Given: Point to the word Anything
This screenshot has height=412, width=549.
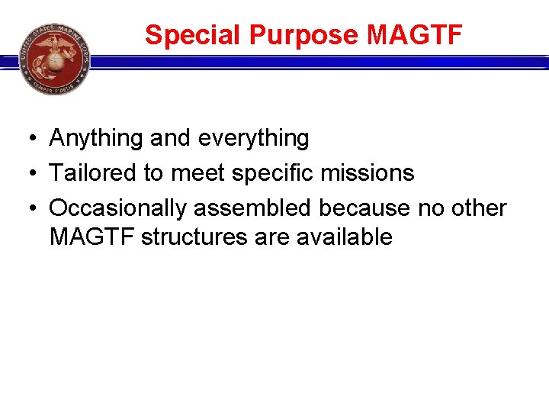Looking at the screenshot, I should click(x=96, y=138).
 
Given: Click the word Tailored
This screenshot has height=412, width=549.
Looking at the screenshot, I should click(x=92, y=173).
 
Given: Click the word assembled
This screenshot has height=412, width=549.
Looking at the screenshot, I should click(x=251, y=208).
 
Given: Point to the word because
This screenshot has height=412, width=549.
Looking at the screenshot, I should click(x=366, y=208).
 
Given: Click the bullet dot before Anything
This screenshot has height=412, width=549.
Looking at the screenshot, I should click(x=26, y=139).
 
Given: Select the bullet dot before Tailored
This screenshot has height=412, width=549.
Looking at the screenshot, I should click(x=26, y=174).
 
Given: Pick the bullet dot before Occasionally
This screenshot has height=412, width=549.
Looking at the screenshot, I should click(x=26, y=208).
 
